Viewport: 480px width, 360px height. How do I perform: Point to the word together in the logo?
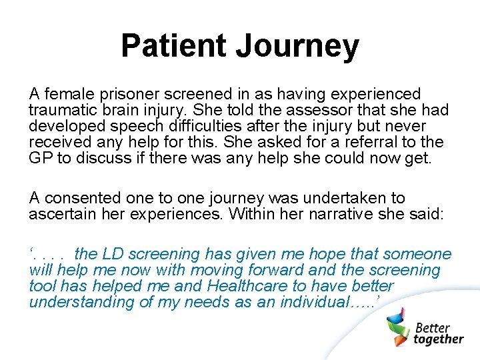439,339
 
